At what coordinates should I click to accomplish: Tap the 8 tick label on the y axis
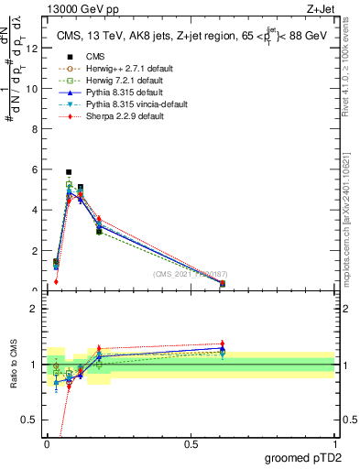[35, 130]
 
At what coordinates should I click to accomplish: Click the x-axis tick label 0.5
[191, 443]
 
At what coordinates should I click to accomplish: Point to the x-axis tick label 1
[334, 443]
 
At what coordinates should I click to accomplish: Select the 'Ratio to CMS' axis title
[13, 365]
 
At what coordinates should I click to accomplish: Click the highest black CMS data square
[69, 172]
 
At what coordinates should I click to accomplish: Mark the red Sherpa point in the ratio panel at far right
[223, 344]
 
